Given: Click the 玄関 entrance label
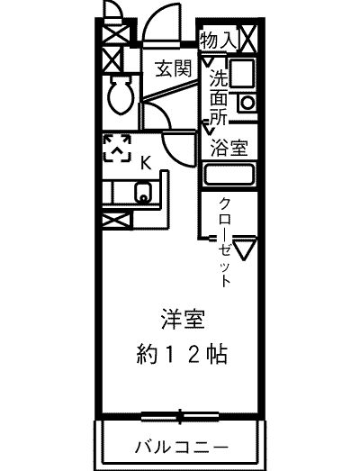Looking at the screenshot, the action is point(173,68).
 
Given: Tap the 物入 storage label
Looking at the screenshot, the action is point(219,41).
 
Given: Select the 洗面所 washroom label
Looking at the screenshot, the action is point(219,97).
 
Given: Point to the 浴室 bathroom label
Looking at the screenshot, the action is point(229,148).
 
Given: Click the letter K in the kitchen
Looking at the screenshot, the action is point(146,164).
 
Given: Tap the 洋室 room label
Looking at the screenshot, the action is point(183,319).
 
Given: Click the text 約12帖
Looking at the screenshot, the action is point(182,355).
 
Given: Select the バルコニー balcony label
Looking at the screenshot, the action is point(182,447).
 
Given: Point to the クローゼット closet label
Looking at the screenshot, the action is point(225,242).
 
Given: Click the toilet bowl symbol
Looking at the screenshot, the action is point(120,95).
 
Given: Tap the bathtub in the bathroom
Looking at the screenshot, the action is point(229,175).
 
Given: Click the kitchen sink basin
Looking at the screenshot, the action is point(143,192).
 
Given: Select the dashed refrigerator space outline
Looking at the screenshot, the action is point(117,149).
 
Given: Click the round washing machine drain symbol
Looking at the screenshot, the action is point(247,103).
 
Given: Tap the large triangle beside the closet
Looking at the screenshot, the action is point(245,249).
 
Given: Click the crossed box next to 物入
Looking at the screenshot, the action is point(248,39).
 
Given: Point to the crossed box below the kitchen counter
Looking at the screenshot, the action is point(117,221).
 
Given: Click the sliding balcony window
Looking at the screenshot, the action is point(180,416).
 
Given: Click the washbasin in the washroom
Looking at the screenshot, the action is point(242,73).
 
